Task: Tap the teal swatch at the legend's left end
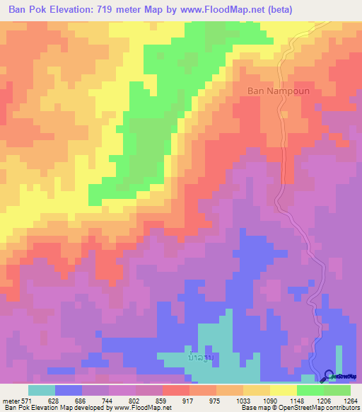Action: (x=41, y=390)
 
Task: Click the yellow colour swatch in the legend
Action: (x=283, y=390)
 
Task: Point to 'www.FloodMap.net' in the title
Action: (x=220, y=10)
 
